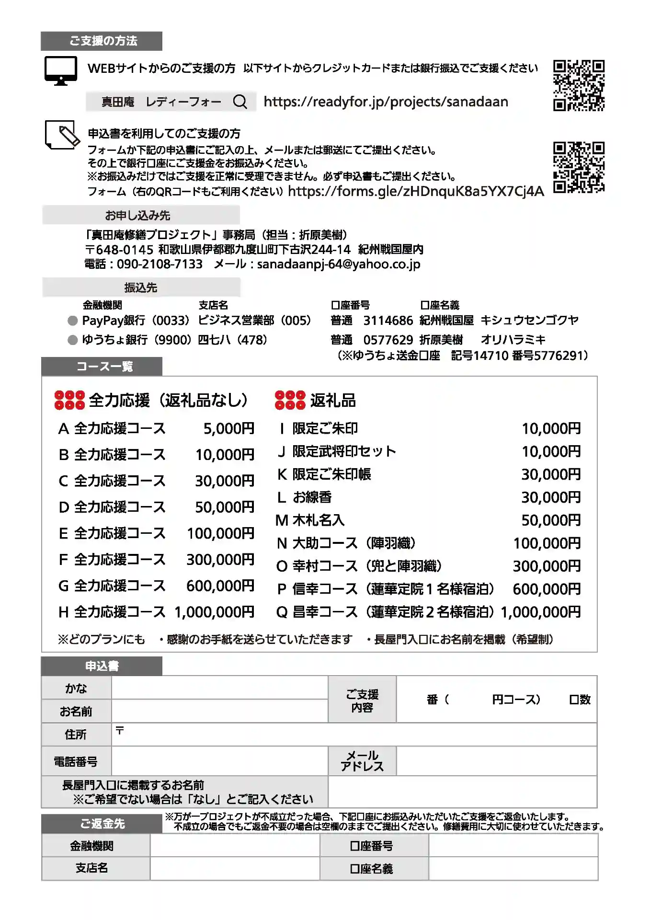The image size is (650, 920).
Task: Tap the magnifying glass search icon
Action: pos(240,102)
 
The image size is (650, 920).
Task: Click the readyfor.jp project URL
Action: pos(386,102)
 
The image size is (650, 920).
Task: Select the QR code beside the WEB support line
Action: pos(579,85)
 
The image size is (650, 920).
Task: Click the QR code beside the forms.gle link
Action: pos(579,167)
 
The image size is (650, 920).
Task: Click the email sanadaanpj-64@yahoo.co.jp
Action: pos(339,264)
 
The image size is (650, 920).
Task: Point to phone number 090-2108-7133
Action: pos(160,264)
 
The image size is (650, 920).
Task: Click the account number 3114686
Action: pos(388,320)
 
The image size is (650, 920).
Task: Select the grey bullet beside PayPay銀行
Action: pos(73,321)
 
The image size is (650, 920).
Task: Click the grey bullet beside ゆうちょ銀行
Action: pos(73,340)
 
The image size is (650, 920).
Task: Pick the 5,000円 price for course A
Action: pos(229,428)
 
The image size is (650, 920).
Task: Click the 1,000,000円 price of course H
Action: pos(214,612)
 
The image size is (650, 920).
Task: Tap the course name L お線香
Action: pos(305,497)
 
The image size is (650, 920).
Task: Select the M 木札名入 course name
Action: pos(310,520)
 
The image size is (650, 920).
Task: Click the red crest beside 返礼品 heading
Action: pos(290,400)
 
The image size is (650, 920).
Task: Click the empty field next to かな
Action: pos(219,688)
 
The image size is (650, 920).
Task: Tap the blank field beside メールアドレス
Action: pos(496,761)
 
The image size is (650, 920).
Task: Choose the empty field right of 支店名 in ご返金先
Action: pos(235,868)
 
